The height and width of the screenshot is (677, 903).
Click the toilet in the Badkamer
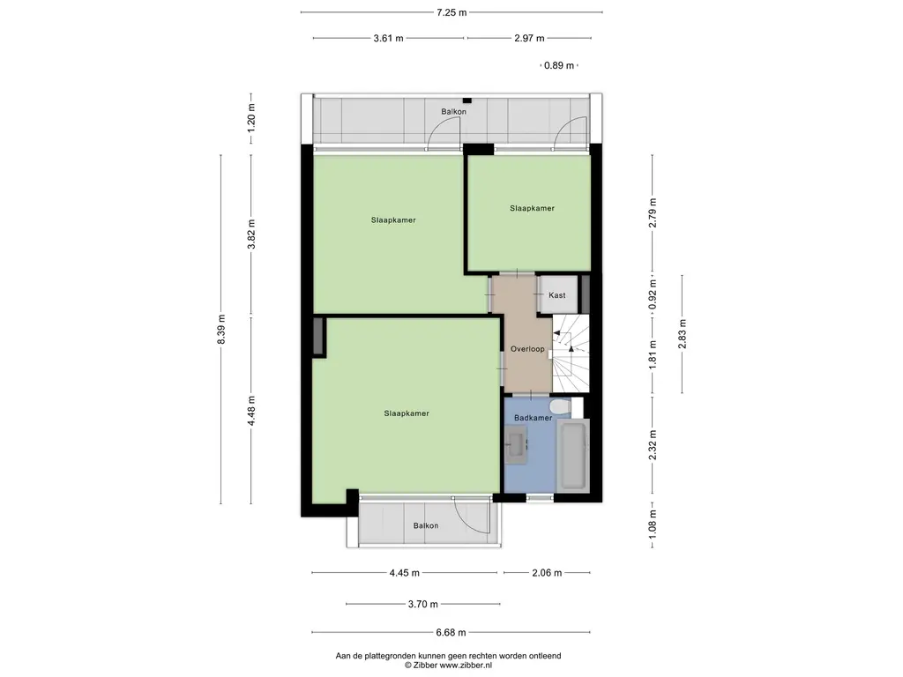[559, 407]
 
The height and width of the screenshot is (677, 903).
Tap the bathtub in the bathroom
[573, 454]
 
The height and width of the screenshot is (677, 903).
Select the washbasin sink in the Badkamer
[516, 444]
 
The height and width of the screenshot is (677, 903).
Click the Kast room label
[557, 295]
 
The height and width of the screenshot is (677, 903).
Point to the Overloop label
[527, 349]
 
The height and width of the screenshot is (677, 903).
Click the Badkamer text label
[534, 418]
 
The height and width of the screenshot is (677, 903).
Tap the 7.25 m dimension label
[451, 12]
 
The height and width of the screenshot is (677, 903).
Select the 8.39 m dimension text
[221, 330]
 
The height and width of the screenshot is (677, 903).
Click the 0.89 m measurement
[559, 65]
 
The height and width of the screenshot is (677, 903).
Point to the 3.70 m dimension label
[422, 604]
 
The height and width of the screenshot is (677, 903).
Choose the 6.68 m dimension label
[451, 632]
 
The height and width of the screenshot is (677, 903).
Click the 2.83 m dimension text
[682, 334]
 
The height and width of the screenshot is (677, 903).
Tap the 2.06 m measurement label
[547, 573]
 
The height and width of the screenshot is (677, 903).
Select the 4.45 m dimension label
[404, 573]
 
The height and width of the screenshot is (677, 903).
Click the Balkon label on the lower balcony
[426, 525]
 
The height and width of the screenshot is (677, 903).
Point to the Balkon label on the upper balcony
[454, 112]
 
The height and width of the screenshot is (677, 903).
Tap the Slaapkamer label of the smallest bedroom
[532, 208]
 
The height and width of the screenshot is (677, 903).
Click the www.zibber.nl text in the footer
[466, 666]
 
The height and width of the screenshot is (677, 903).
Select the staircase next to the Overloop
[571, 353]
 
